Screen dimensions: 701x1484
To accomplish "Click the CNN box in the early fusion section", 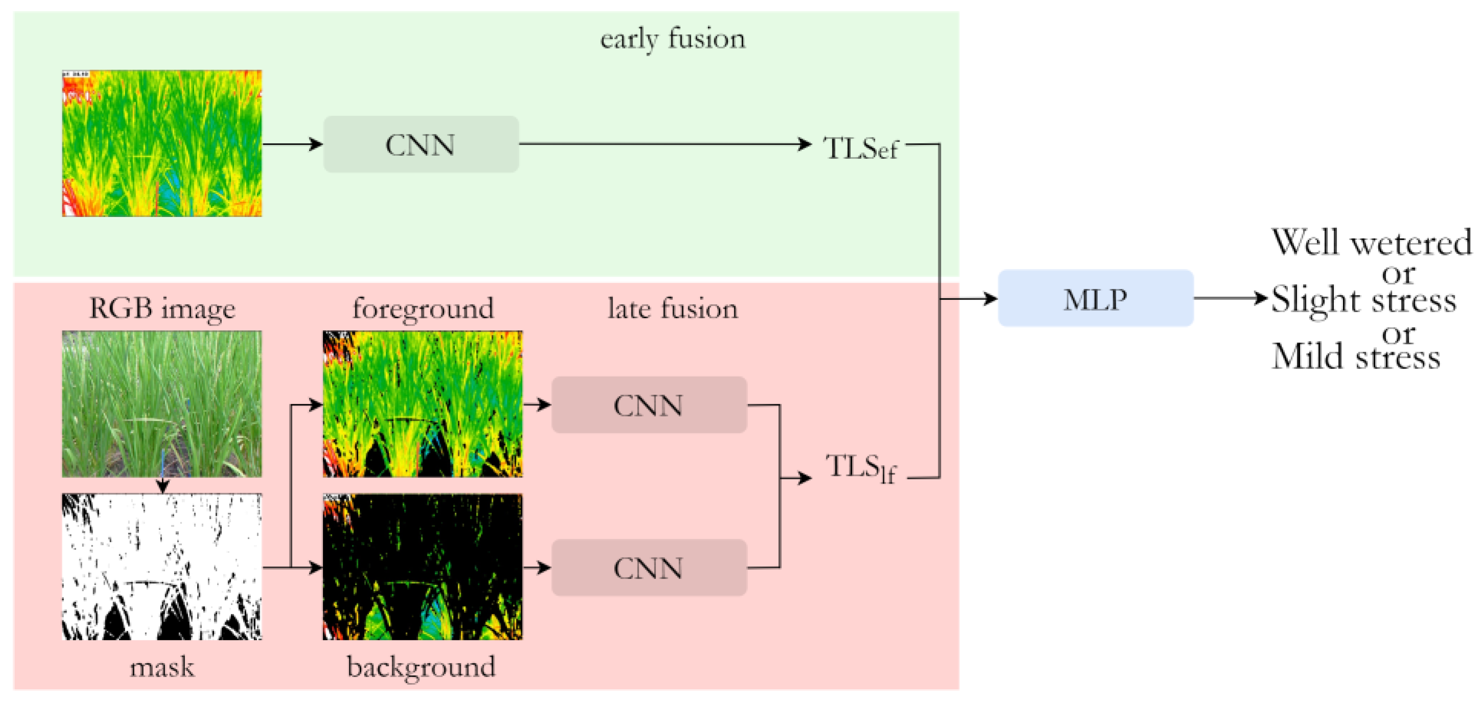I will [x=420, y=144].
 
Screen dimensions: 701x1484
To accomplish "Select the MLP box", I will [x=1095, y=298].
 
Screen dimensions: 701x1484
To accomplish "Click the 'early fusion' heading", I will [x=672, y=39].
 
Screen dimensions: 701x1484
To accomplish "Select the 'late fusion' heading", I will [x=672, y=308].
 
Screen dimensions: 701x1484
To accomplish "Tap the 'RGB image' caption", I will [x=162, y=308].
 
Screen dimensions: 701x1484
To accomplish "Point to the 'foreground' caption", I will [x=423, y=308].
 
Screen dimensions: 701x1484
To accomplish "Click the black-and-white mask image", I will [x=162, y=566].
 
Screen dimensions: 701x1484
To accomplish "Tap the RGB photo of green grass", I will [x=162, y=403].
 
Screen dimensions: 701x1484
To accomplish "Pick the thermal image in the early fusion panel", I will [x=162, y=143].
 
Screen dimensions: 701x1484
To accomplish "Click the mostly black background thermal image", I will [x=423, y=566].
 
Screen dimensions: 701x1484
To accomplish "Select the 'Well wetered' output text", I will [x=1371, y=243].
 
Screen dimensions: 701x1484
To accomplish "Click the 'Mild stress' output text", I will [x=1356, y=356].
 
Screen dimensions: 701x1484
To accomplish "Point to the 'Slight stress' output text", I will [x=1363, y=300].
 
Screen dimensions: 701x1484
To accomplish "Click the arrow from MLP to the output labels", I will [x=1231, y=298].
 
